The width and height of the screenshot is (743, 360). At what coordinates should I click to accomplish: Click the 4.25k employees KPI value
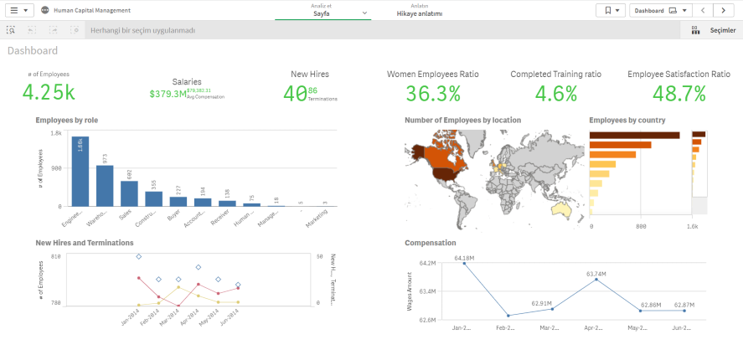pyautogui.click(x=49, y=93)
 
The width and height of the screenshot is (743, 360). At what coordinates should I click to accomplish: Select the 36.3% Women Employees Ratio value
pyautogui.click(x=432, y=93)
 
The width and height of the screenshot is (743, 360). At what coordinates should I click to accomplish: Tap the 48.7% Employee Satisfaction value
pyautogui.click(x=679, y=93)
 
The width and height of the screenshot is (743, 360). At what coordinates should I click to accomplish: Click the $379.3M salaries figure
pyautogui.click(x=168, y=94)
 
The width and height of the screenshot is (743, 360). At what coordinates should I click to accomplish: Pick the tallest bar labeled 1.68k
pyautogui.click(x=80, y=172)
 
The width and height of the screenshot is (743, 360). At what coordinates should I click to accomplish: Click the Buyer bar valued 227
pyautogui.click(x=178, y=201)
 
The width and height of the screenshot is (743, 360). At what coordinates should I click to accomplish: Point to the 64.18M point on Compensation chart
pyautogui.click(x=465, y=264)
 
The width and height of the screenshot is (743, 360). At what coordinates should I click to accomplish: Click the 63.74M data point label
pyautogui.click(x=596, y=274)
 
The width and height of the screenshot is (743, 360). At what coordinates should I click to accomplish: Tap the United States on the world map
pyautogui.click(x=444, y=174)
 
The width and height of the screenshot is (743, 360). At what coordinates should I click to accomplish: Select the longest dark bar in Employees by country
pyautogui.click(x=634, y=135)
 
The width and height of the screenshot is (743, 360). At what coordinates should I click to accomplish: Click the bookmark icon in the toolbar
pyautogui.click(x=610, y=11)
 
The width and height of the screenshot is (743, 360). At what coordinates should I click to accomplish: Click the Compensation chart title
pyautogui.click(x=430, y=243)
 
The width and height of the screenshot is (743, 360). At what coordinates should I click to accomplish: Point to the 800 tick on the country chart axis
pyautogui.click(x=641, y=226)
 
